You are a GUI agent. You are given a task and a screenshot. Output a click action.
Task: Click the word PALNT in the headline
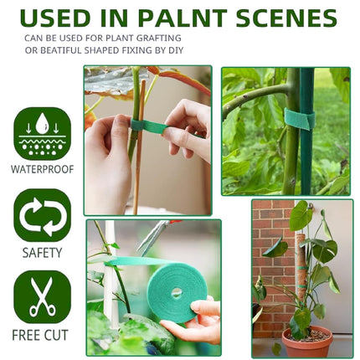point(183,18)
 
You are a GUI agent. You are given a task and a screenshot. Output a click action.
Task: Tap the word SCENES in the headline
point(286,18)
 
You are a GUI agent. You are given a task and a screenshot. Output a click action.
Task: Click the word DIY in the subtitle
point(176,50)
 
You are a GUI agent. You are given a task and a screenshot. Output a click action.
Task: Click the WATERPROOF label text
point(43,169)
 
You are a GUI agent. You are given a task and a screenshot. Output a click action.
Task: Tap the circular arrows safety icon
point(43,216)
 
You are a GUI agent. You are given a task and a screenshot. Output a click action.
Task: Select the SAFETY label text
point(42,253)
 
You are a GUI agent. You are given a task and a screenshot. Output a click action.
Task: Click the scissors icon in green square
point(43,297)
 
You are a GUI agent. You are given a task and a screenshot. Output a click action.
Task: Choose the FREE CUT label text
point(40,335)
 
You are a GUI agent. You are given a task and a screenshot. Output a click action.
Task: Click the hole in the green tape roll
point(177,293)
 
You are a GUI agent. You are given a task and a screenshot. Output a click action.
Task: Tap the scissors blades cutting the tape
point(152,238)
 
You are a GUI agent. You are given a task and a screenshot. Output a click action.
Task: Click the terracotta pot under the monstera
point(307,341)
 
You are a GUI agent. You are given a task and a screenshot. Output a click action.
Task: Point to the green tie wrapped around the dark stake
point(300,119)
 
